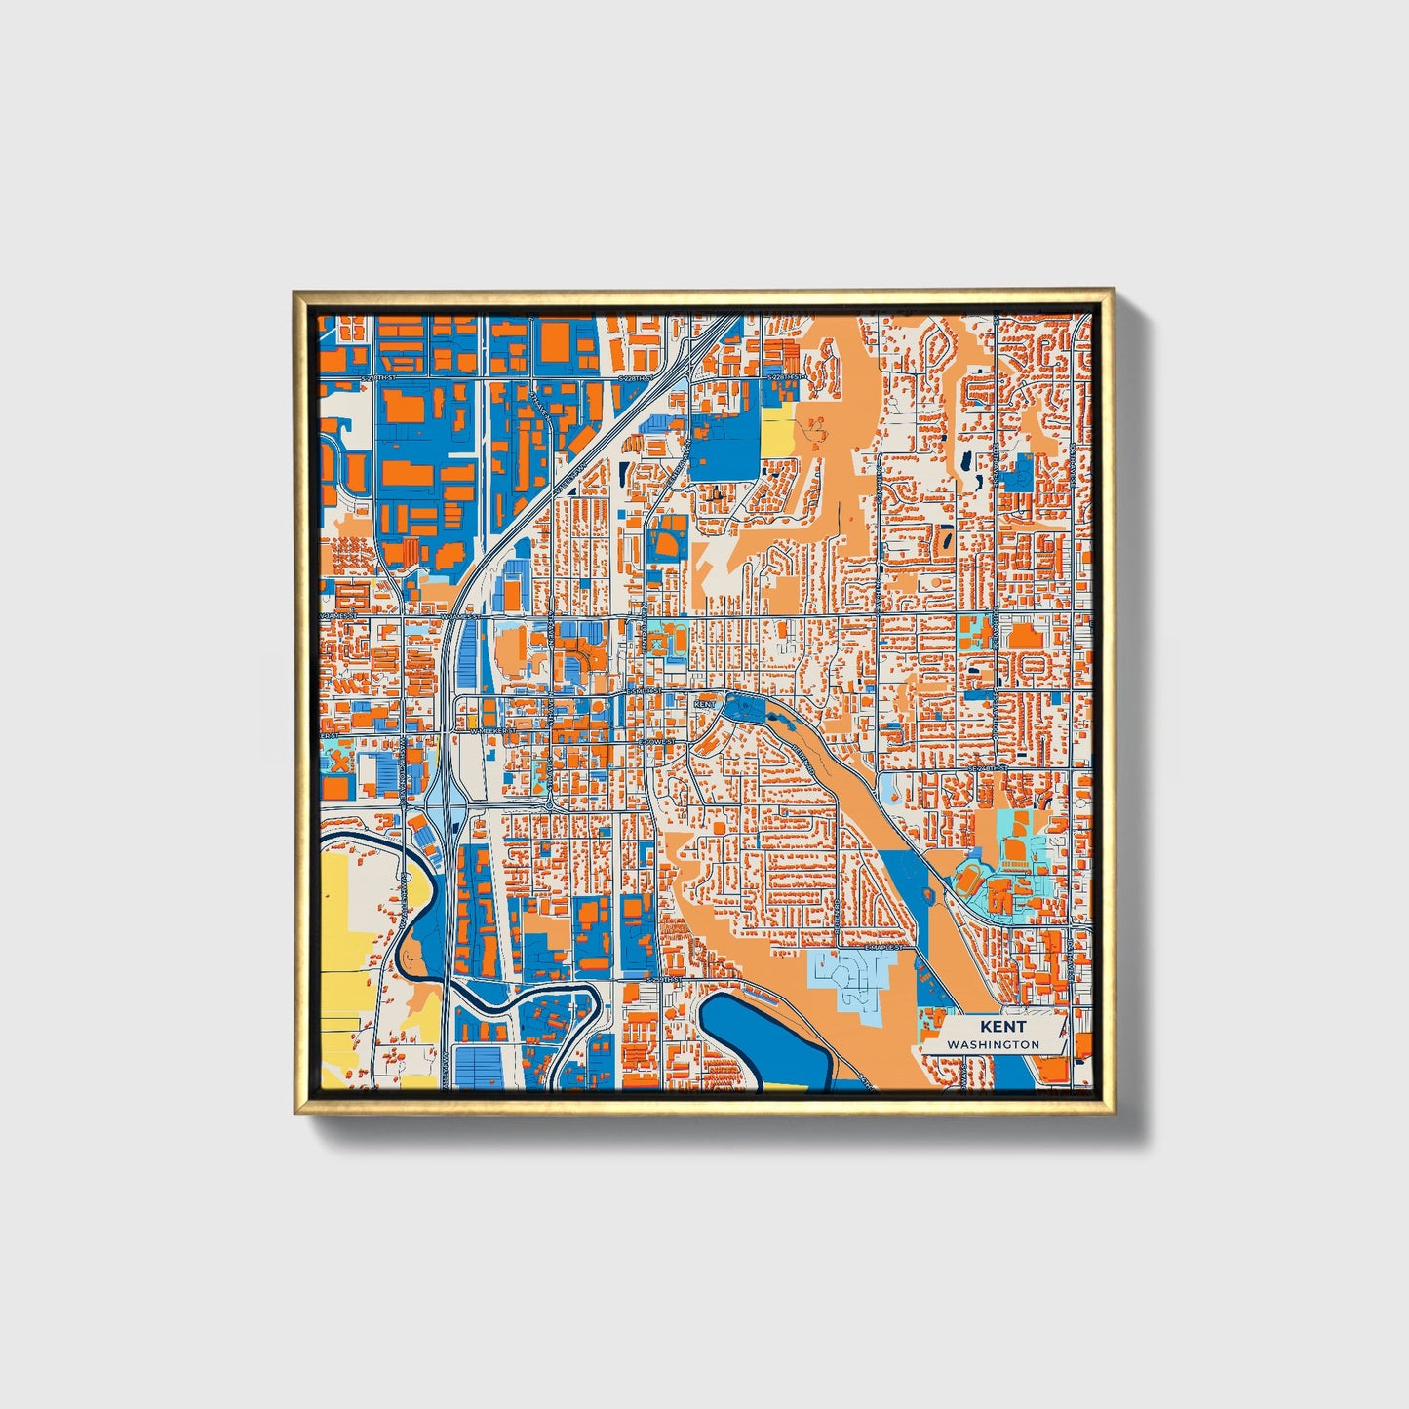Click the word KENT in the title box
[1002, 1027]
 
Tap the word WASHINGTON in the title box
[993, 1044]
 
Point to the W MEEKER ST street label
[490, 730]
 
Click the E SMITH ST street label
[643, 690]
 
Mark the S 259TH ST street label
[662, 978]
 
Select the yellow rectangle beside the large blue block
[777, 429]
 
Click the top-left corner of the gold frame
[294, 292]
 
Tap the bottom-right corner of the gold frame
[1113, 1115]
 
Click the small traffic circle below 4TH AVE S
[551, 805]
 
